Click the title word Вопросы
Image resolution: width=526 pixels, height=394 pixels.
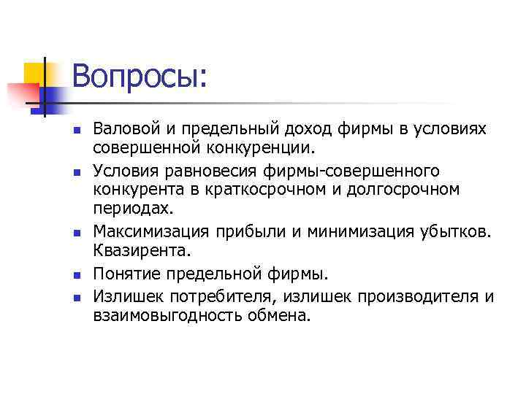point(140,77)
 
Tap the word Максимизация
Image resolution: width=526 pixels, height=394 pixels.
point(150,232)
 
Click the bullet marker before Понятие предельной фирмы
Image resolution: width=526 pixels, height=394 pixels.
point(76,276)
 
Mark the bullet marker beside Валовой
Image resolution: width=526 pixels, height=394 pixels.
point(76,131)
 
